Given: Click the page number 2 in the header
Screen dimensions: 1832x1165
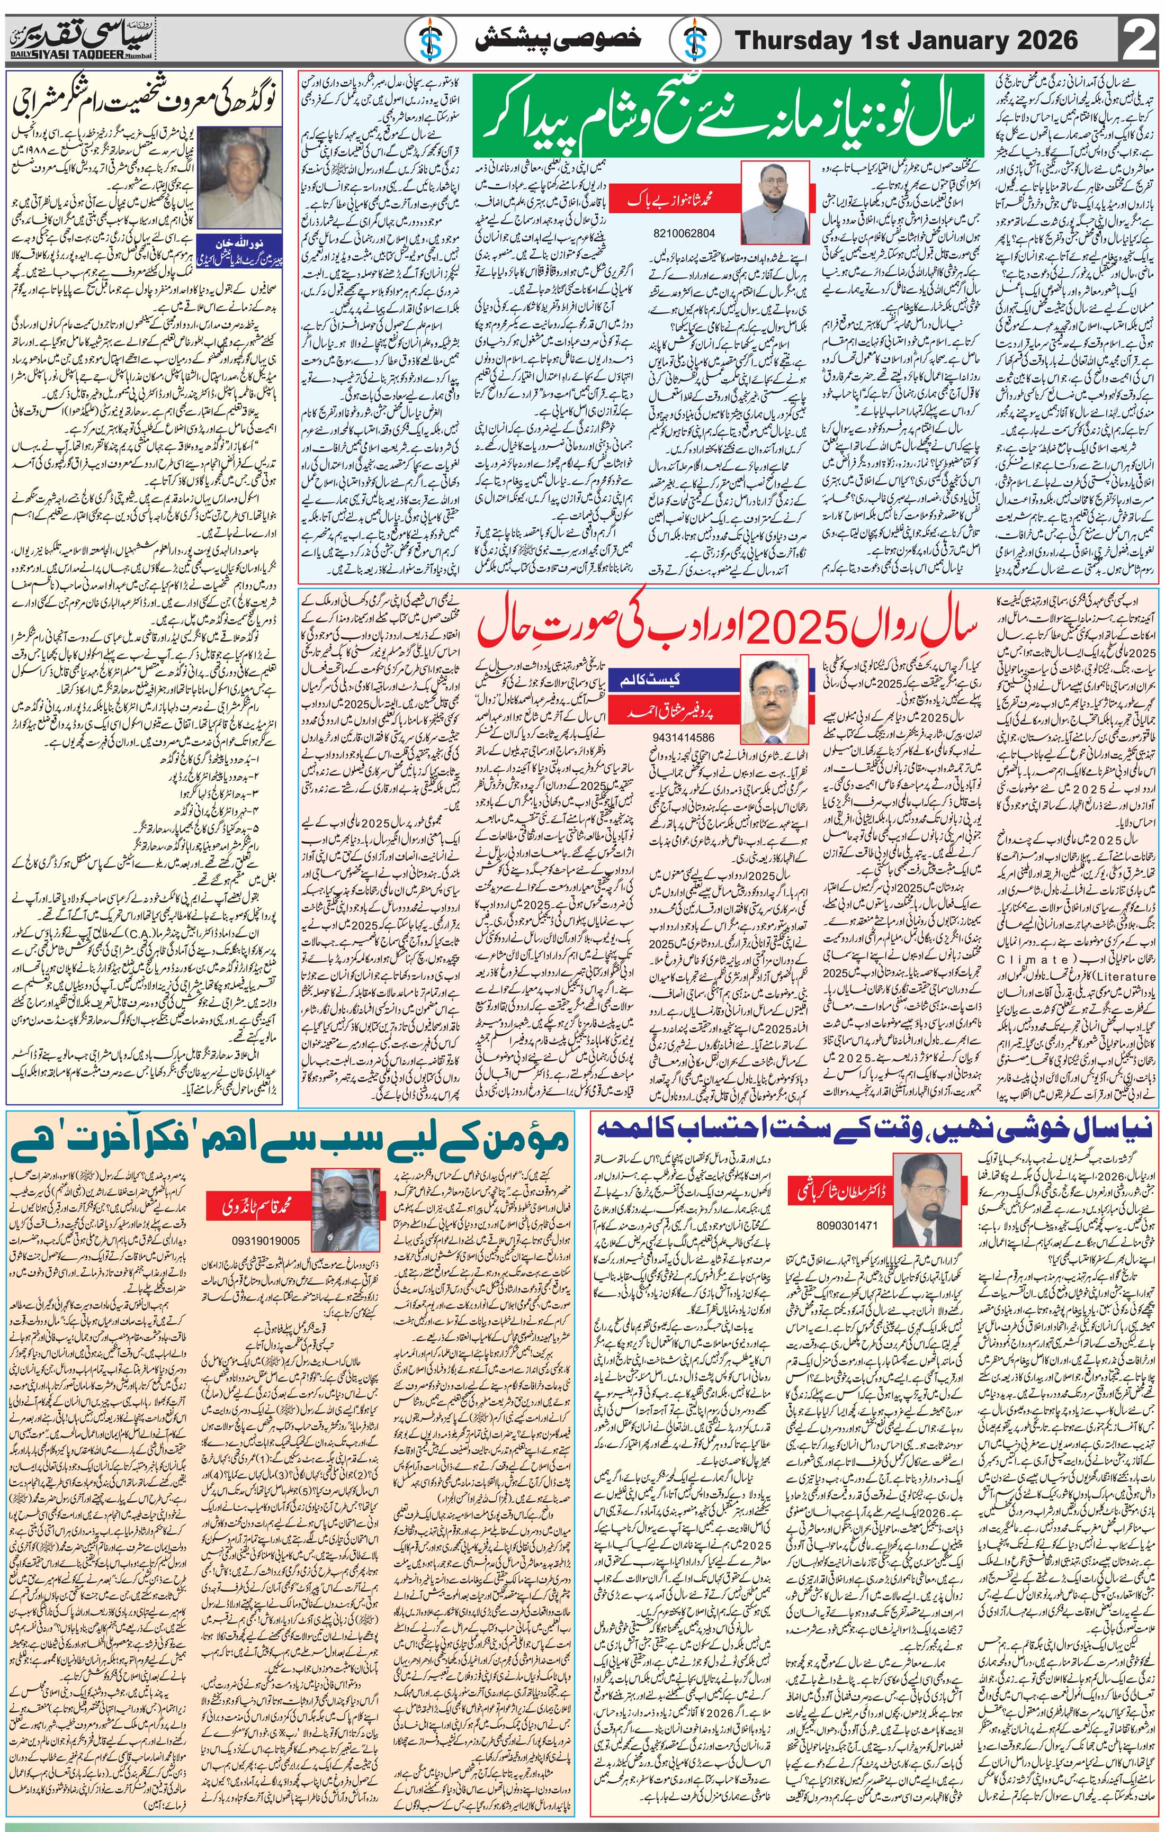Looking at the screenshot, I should coord(1139,40).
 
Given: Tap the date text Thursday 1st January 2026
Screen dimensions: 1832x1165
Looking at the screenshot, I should coord(906,40).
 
